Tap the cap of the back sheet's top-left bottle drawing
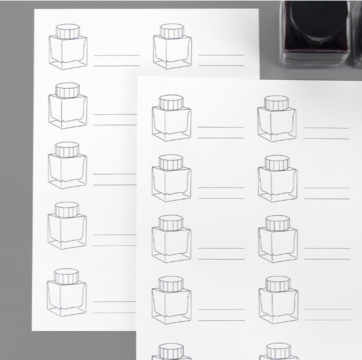click(x=68, y=31)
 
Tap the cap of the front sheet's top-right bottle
click(x=277, y=103)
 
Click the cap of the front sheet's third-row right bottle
click(x=277, y=223)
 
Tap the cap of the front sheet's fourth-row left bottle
click(x=171, y=284)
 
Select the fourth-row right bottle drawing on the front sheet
click(x=277, y=300)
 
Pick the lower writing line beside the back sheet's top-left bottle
click(x=117, y=66)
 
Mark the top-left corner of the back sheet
click(x=34, y=10)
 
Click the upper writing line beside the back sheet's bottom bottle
click(x=116, y=302)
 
